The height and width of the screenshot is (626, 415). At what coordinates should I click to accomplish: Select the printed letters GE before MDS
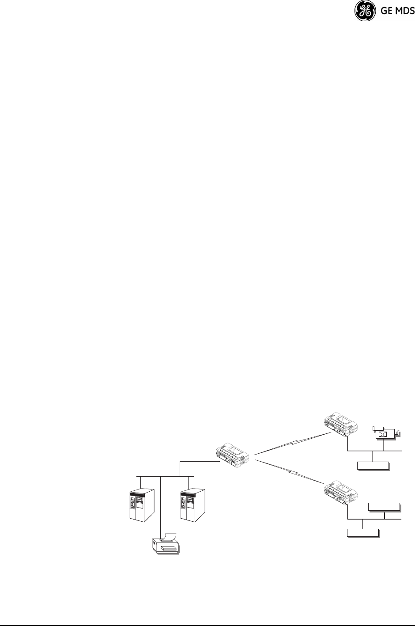point(384,11)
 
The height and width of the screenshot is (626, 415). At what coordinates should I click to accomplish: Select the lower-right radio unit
point(341,494)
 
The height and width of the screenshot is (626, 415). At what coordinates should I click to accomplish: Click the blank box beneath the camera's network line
point(373,466)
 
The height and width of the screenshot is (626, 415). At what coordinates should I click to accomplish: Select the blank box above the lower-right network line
point(384,507)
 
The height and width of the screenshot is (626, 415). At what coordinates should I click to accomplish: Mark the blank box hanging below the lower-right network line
point(362,532)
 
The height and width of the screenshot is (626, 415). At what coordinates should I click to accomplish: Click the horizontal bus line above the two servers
point(166,477)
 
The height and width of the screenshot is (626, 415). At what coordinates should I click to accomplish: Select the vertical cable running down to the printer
point(159,508)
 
